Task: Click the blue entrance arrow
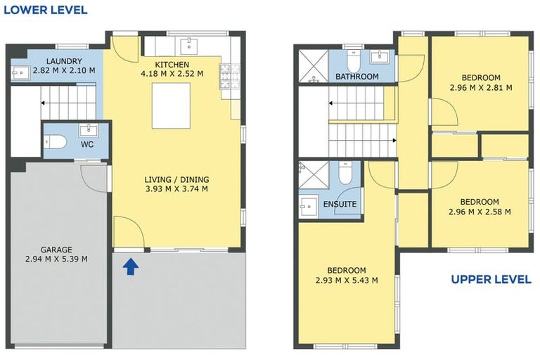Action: point(130,266)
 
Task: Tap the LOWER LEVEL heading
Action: point(45,10)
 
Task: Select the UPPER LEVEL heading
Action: point(490,279)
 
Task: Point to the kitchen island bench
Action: point(172,108)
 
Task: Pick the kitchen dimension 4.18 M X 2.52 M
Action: point(172,73)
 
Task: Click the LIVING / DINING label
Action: point(176,179)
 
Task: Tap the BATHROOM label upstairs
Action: point(356,76)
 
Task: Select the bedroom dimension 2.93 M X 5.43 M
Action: point(346,280)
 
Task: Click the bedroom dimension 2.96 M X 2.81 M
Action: point(480,88)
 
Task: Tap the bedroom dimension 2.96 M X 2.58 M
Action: point(480,212)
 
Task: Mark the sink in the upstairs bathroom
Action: point(381,56)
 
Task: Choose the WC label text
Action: point(87,144)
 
